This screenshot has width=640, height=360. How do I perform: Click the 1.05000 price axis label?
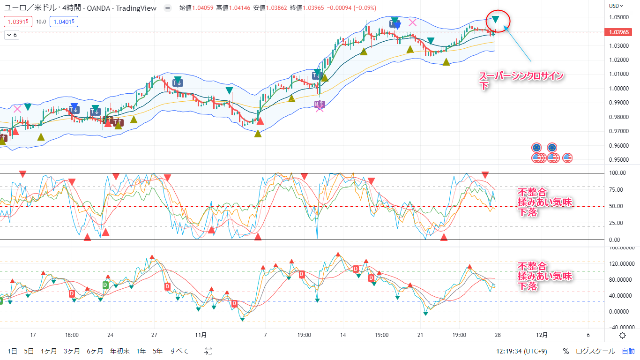[618, 17]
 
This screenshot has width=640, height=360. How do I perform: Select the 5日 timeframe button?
[29, 351]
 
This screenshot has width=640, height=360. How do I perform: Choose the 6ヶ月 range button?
[95, 351]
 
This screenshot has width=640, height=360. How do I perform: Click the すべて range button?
[179, 351]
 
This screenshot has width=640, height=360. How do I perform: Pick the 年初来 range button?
[120, 351]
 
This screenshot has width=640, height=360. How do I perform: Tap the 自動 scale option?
[628, 351]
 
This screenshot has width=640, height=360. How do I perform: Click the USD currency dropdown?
[616, 6]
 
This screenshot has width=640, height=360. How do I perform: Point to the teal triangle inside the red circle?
[495, 20]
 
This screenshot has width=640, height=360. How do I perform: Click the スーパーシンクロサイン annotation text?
[520, 75]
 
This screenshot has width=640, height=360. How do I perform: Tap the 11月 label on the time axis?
[201, 335]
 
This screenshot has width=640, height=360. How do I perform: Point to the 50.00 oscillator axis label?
[617, 206]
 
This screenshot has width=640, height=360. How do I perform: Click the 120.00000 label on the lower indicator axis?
[620, 264]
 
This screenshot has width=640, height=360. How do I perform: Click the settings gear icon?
[622, 335]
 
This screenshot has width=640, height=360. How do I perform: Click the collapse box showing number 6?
[12, 35]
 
